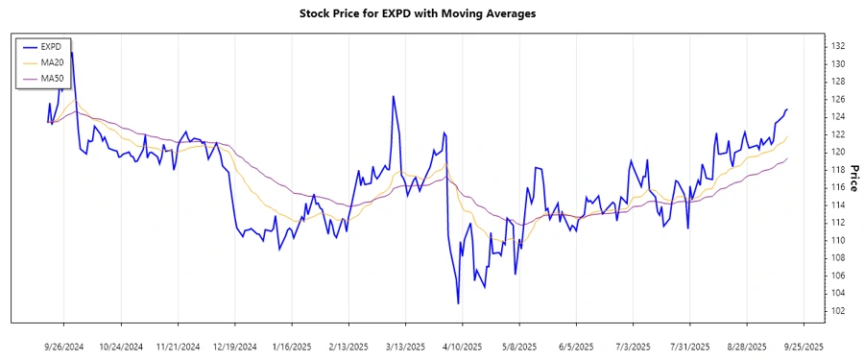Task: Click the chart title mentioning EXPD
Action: (431, 13)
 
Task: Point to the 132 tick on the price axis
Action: (837, 46)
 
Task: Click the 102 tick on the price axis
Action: (837, 311)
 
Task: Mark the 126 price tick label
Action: (837, 99)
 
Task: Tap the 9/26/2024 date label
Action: (63, 346)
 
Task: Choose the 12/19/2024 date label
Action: (234, 346)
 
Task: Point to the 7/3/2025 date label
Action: (633, 346)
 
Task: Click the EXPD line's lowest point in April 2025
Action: (458, 303)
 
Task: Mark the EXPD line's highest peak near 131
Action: (71, 53)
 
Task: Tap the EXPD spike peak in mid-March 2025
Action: (393, 96)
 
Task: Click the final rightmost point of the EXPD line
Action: (787, 109)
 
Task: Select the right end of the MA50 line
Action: (787, 158)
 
